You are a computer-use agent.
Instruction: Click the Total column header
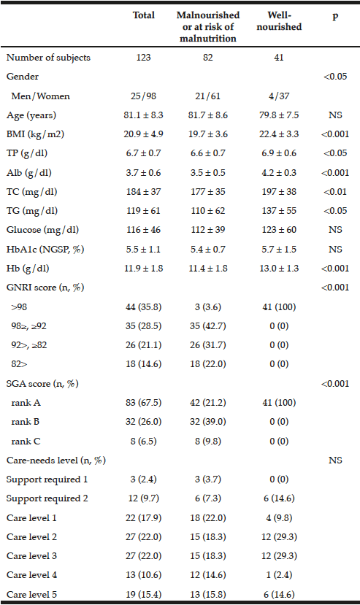point(143,15)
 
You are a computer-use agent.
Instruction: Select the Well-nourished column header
point(279,21)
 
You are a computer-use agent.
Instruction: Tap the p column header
point(335,16)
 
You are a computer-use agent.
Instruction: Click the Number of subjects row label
point(48,58)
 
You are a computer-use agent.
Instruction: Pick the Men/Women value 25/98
point(143,96)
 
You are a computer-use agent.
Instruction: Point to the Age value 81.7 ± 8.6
point(208,115)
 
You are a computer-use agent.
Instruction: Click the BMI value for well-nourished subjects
point(279,134)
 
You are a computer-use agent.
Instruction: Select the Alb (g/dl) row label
point(28,172)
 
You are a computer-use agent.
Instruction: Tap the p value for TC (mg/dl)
point(335,191)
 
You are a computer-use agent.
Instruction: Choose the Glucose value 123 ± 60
point(279,230)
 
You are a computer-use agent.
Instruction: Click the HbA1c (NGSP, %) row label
point(45,250)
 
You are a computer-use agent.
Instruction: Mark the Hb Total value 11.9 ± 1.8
point(143,268)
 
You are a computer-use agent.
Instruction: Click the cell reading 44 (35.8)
point(143,307)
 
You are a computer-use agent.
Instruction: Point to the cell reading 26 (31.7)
point(208,345)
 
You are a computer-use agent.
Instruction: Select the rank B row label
point(25,421)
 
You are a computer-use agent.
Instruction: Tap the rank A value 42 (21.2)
point(208,402)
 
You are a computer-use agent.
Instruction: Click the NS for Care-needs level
point(335,460)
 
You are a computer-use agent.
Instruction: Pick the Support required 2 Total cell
point(143,498)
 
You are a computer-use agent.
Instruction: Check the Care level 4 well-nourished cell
point(279,574)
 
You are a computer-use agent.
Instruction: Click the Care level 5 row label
point(31,594)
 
